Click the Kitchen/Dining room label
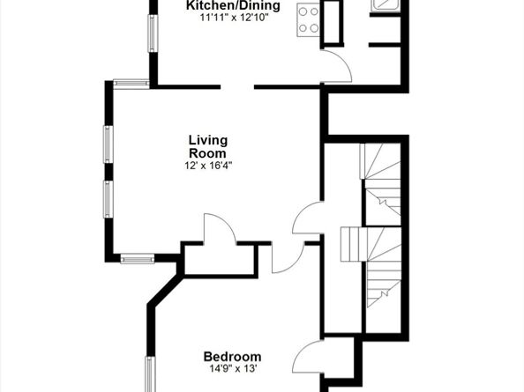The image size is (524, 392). (x=233, y=6)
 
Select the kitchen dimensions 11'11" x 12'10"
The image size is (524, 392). (x=233, y=18)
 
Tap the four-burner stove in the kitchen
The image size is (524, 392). (x=309, y=19)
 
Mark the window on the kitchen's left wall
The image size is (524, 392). (x=152, y=32)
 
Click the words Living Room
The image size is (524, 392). (x=207, y=146)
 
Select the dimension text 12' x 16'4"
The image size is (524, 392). (x=207, y=165)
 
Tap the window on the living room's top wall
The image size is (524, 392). (x=131, y=84)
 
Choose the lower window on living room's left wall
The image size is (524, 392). (x=109, y=198)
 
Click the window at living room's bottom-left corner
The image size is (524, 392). (x=137, y=258)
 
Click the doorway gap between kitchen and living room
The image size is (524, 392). (x=237, y=86)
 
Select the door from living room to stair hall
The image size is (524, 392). (x=307, y=218)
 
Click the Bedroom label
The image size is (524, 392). (x=232, y=356)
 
